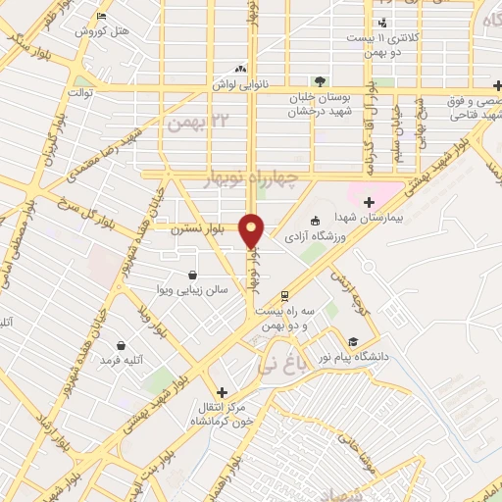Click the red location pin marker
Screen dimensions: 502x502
pyautogui.click(x=252, y=230)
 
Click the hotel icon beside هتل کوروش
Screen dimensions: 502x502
pyautogui.click(x=103, y=17)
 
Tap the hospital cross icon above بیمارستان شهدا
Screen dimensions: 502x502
pyautogui.click(x=369, y=202)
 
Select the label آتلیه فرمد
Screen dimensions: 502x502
pyautogui.click(x=121, y=361)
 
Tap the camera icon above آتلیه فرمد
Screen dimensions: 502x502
pyautogui.click(x=120, y=345)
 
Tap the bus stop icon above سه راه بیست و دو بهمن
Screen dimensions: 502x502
pyautogui.click(x=284, y=293)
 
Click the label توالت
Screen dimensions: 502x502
pyautogui.click(x=78, y=92)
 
